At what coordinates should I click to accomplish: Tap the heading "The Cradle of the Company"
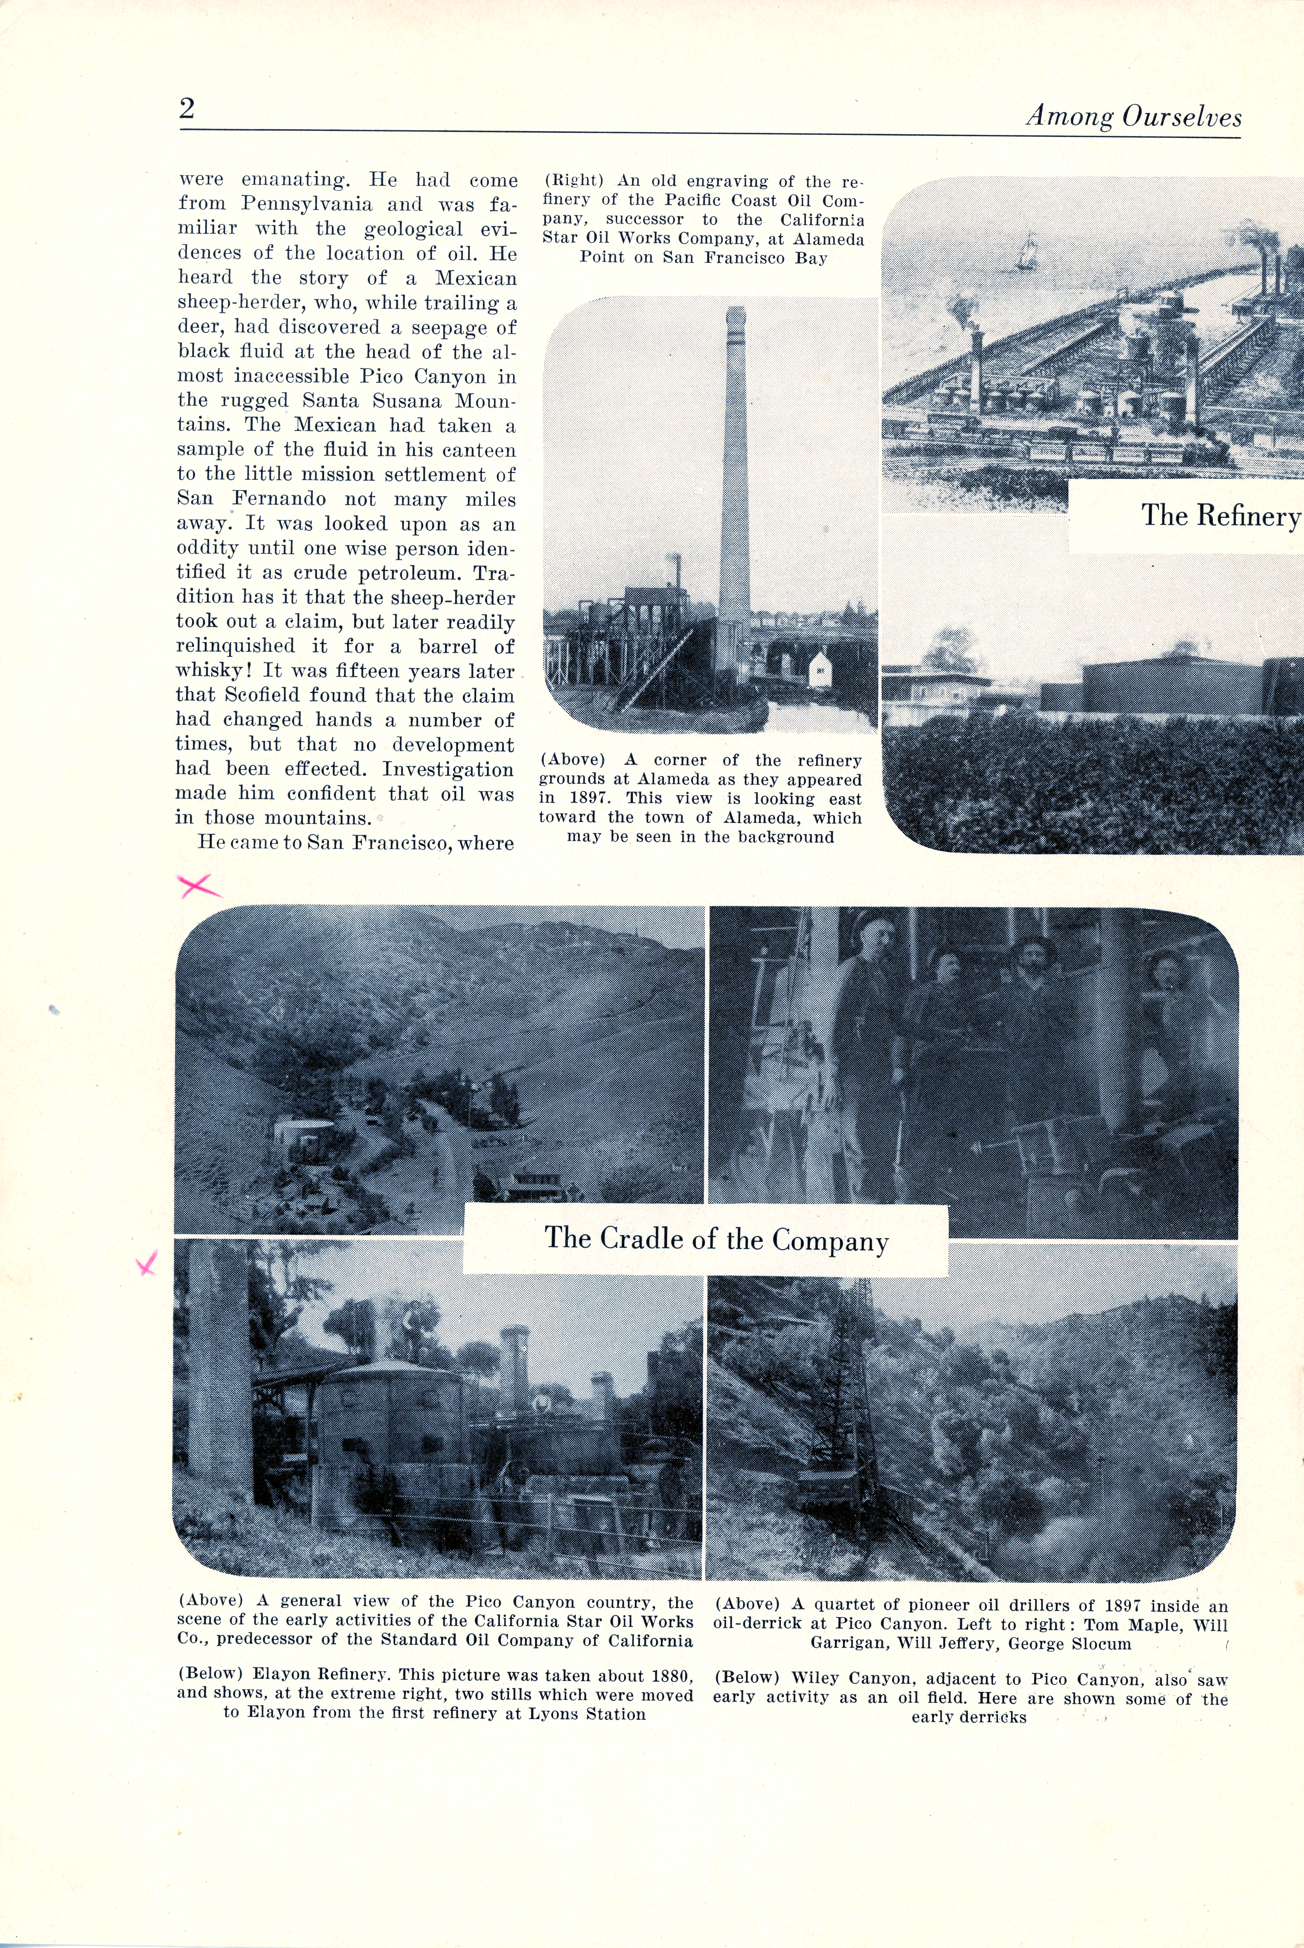click(x=716, y=1239)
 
